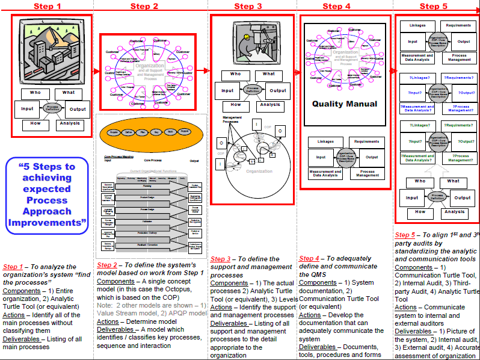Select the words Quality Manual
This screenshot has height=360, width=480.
pos(345,104)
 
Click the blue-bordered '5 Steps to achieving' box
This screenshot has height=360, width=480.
pos(46,194)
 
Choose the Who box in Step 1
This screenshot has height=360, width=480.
pos(35,94)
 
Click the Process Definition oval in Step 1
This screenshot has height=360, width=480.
pos(52,109)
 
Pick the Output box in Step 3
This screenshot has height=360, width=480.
pos(277,90)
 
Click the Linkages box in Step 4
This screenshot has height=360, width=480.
pos(324,142)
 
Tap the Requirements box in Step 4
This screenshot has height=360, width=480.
pos(366,142)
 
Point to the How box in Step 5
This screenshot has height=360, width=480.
pos(420,212)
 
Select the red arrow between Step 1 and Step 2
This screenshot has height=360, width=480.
pos(96,70)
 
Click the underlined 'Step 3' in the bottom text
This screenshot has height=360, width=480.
pos(221,259)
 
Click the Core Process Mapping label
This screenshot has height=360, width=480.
pos(118,157)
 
